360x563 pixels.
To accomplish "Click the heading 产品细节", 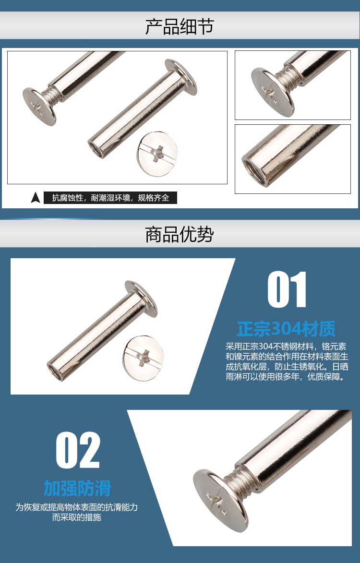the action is point(180,27).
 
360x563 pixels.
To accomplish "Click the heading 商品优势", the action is point(180,235).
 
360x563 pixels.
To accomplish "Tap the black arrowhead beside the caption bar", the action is point(35,198).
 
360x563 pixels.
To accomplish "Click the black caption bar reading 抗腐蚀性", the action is point(110,198).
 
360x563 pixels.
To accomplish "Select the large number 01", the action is point(287,290).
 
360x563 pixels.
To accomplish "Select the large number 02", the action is point(78,450).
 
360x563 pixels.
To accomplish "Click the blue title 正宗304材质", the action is point(286,328).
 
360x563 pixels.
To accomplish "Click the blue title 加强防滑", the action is point(77,488).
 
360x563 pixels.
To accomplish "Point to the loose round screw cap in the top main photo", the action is point(157,154).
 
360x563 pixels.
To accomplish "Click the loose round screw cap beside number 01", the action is point(143,358).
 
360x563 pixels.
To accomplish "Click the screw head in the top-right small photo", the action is point(272,92).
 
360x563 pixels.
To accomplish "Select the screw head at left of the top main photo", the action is point(39,107).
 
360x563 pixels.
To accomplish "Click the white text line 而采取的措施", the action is point(76,517).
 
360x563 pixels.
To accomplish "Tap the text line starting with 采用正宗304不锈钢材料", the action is point(286,347).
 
